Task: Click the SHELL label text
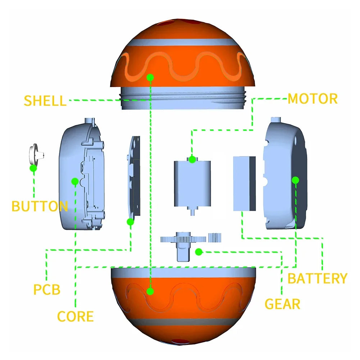coord(45,101)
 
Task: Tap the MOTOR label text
coord(313,99)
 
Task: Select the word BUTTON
coord(40,206)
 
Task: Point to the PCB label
coord(47,290)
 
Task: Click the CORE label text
coord(76,316)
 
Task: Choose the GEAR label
coord(282,304)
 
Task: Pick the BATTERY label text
coord(318,278)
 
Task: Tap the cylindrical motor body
coord(191,183)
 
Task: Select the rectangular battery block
coord(244,183)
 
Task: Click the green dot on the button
coord(33,168)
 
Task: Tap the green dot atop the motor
coord(192,159)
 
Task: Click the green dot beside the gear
coord(198,252)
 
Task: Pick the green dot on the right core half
coord(296,179)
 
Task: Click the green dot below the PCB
coord(131,222)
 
